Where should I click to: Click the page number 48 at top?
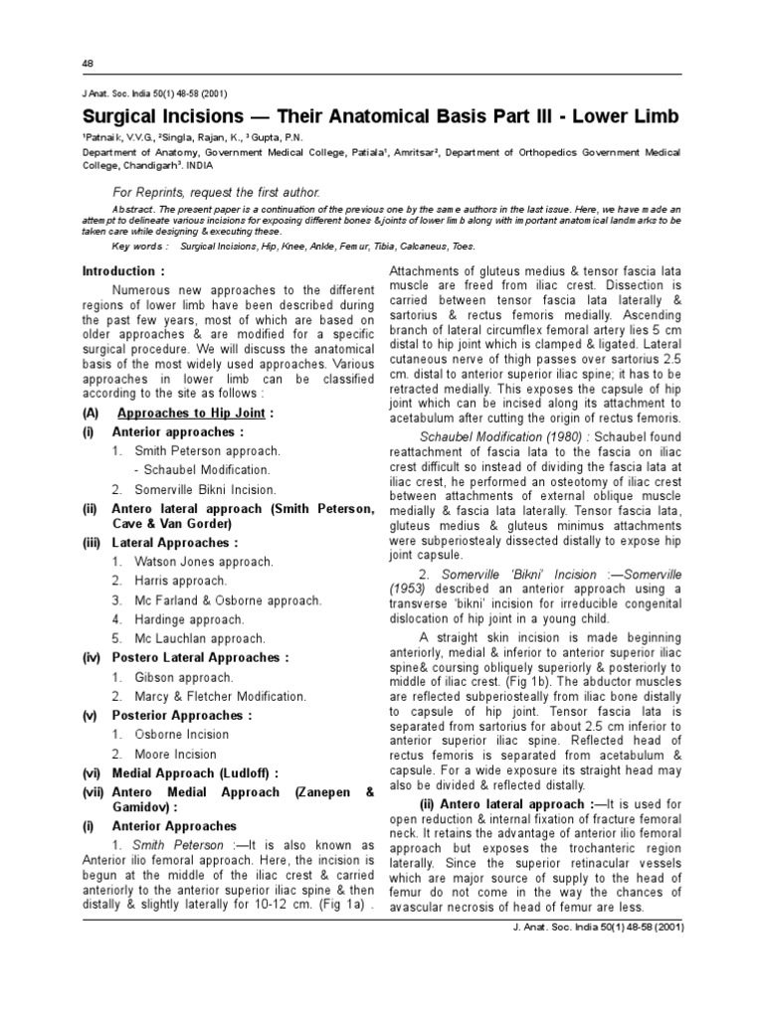pyautogui.click(x=88, y=64)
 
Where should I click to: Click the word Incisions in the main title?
pyautogui.click(x=202, y=117)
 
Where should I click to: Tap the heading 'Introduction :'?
pyautogui.click(x=122, y=270)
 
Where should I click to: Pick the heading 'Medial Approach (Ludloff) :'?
pyautogui.click(x=195, y=773)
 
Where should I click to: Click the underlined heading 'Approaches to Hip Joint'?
pyautogui.click(x=193, y=413)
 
